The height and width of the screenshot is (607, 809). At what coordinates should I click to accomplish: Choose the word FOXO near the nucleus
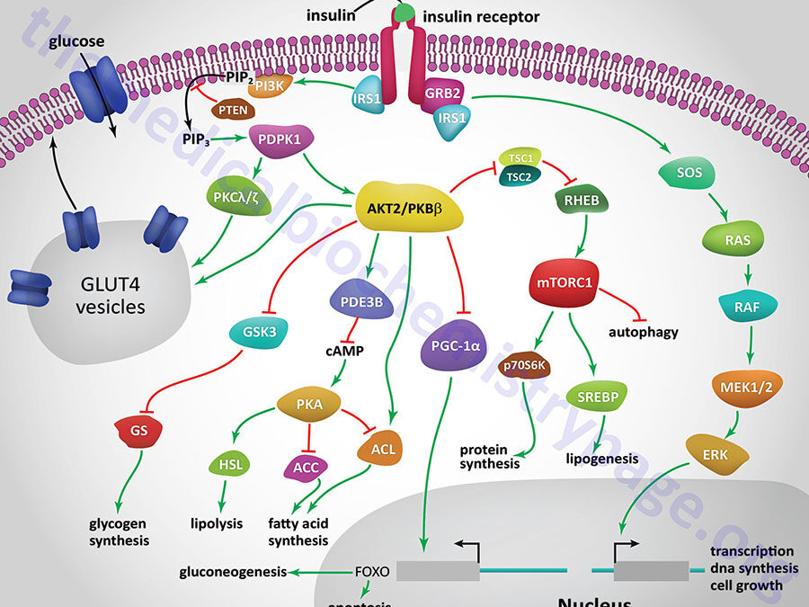[372, 570]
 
